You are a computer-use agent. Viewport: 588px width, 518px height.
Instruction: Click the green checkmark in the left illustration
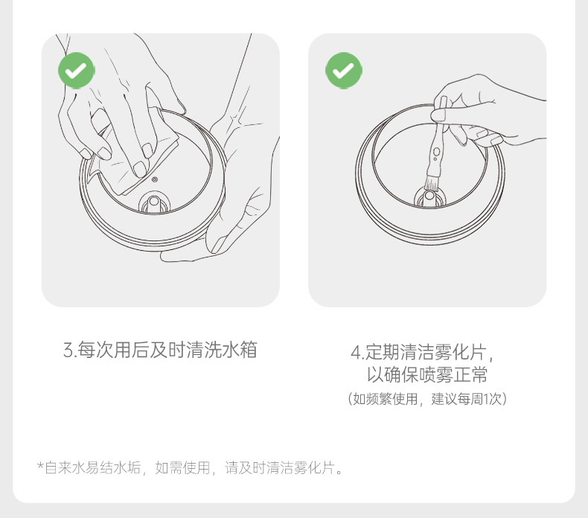[77, 71]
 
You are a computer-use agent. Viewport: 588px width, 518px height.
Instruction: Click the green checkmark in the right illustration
[344, 71]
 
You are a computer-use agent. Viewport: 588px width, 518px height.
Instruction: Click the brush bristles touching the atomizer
[432, 182]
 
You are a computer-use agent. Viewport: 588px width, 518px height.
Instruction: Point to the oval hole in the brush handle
[436, 152]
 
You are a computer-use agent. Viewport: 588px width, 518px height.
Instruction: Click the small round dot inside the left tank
[155, 179]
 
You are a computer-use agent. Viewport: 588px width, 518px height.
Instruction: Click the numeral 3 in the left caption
[68, 351]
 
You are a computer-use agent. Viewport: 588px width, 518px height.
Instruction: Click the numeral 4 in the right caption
[356, 353]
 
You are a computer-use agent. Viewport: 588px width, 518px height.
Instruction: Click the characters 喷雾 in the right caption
[435, 374]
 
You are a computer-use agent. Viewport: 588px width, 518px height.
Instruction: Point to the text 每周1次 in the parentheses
[479, 399]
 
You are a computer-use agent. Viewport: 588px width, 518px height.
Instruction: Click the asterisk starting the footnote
[40, 466]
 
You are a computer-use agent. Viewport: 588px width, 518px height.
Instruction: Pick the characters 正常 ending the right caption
[470, 374]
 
